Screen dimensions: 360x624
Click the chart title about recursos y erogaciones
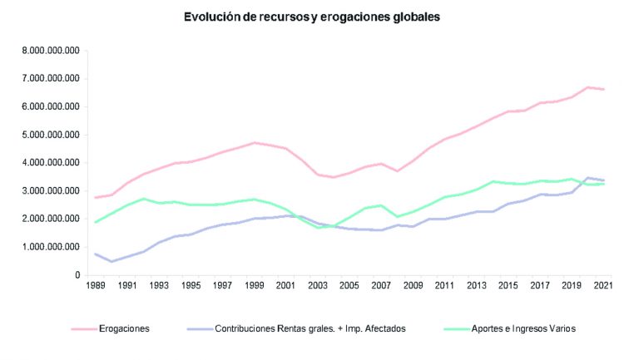coord(313,16)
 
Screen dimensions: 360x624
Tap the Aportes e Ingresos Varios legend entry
coord(521,328)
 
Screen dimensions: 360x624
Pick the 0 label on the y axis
coord(77,275)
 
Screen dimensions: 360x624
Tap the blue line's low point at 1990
coord(112,261)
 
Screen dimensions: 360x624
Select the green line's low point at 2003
coord(318,227)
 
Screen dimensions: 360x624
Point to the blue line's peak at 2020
coord(586,178)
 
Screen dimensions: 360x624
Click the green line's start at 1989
coord(97,222)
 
